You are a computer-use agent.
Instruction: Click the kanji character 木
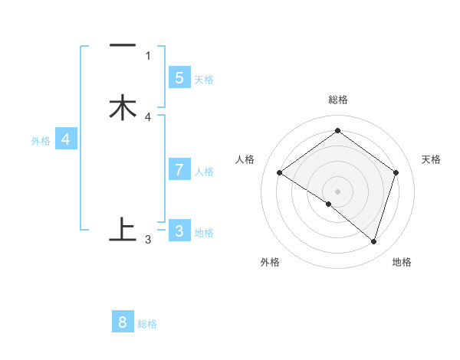tap(123, 107)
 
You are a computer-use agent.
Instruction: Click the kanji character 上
tap(123, 229)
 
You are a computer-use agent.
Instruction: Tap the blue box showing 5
tap(179, 78)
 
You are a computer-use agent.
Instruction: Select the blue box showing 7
tap(179, 170)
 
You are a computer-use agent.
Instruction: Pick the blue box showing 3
tap(179, 231)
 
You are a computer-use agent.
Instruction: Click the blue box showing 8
tap(123, 322)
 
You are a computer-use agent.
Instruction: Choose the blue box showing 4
tap(66, 139)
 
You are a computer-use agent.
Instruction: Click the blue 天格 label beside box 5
tap(204, 80)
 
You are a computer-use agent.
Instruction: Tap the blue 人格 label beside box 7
tap(204, 172)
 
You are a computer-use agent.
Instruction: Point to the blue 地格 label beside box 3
tap(204, 233)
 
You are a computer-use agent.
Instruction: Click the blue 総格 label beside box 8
tap(147, 324)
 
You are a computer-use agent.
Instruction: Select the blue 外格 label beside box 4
tap(41, 141)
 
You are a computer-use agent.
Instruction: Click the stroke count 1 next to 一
tap(148, 56)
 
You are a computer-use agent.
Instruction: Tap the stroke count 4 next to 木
tap(148, 117)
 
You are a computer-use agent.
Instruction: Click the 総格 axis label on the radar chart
tap(338, 100)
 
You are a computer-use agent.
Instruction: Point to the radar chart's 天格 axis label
tap(431, 159)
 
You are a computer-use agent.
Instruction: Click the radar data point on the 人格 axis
tap(280, 173)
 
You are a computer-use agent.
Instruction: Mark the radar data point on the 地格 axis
tap(373, 241)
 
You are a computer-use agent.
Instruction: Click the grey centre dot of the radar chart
tap(338, 191)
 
